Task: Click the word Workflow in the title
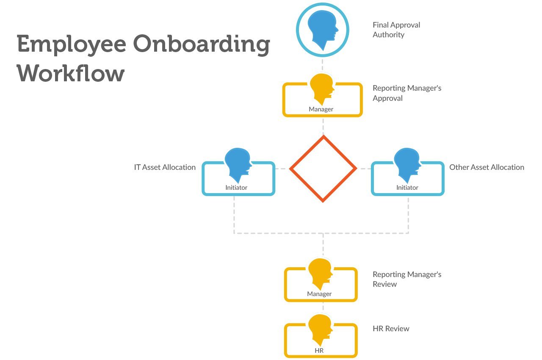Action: click(71, 73)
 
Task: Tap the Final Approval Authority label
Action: click(396, 30)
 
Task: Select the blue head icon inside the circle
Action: click(322, 29)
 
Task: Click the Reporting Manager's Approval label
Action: click(406, 93)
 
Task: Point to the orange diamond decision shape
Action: click(323, 169)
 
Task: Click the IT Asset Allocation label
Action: click(165, 167)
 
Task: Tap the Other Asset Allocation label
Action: click(487, 167)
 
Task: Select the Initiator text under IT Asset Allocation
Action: click(236, 187)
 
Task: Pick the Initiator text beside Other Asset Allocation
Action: click(407, 187)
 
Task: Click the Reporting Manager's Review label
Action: click(406, 279)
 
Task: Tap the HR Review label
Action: click(391, 329)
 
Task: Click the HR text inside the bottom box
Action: click(319, 351)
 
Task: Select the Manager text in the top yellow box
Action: click(321, 109)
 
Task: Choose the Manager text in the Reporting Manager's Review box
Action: click(319, 294)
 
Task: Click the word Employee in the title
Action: click(71, 44)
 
